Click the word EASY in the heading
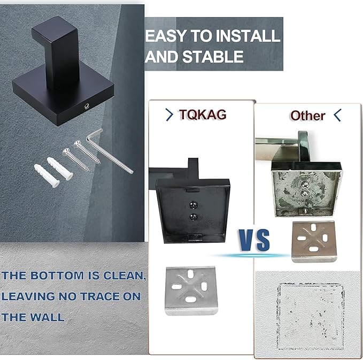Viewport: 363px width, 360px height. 164,36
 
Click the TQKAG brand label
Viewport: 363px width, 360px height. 203,114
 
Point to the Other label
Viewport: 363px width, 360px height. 307,115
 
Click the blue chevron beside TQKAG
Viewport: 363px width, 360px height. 169,114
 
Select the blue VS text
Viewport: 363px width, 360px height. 254,239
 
